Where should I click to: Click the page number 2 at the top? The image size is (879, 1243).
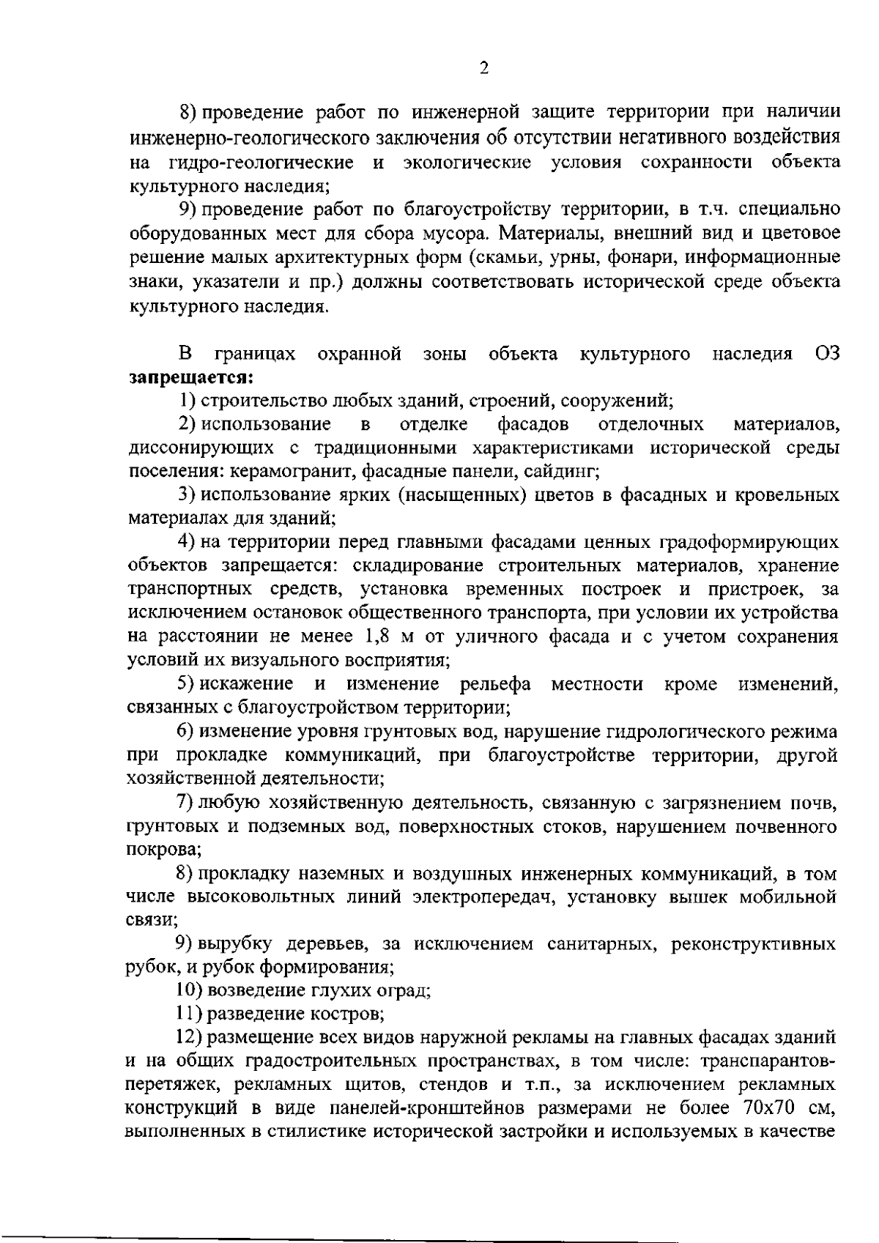483,69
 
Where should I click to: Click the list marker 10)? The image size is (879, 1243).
190,991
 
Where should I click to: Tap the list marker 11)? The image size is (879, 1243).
190,1014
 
